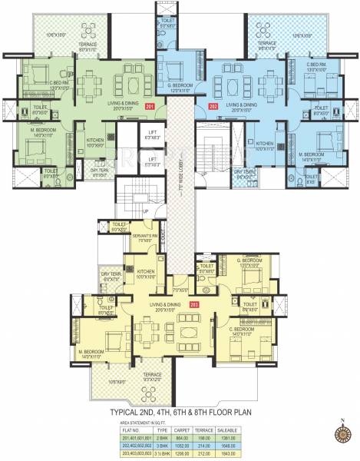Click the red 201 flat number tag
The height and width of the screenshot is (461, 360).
(x=150, y=104)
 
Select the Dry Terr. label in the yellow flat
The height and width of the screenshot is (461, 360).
(x=111, y=275)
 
